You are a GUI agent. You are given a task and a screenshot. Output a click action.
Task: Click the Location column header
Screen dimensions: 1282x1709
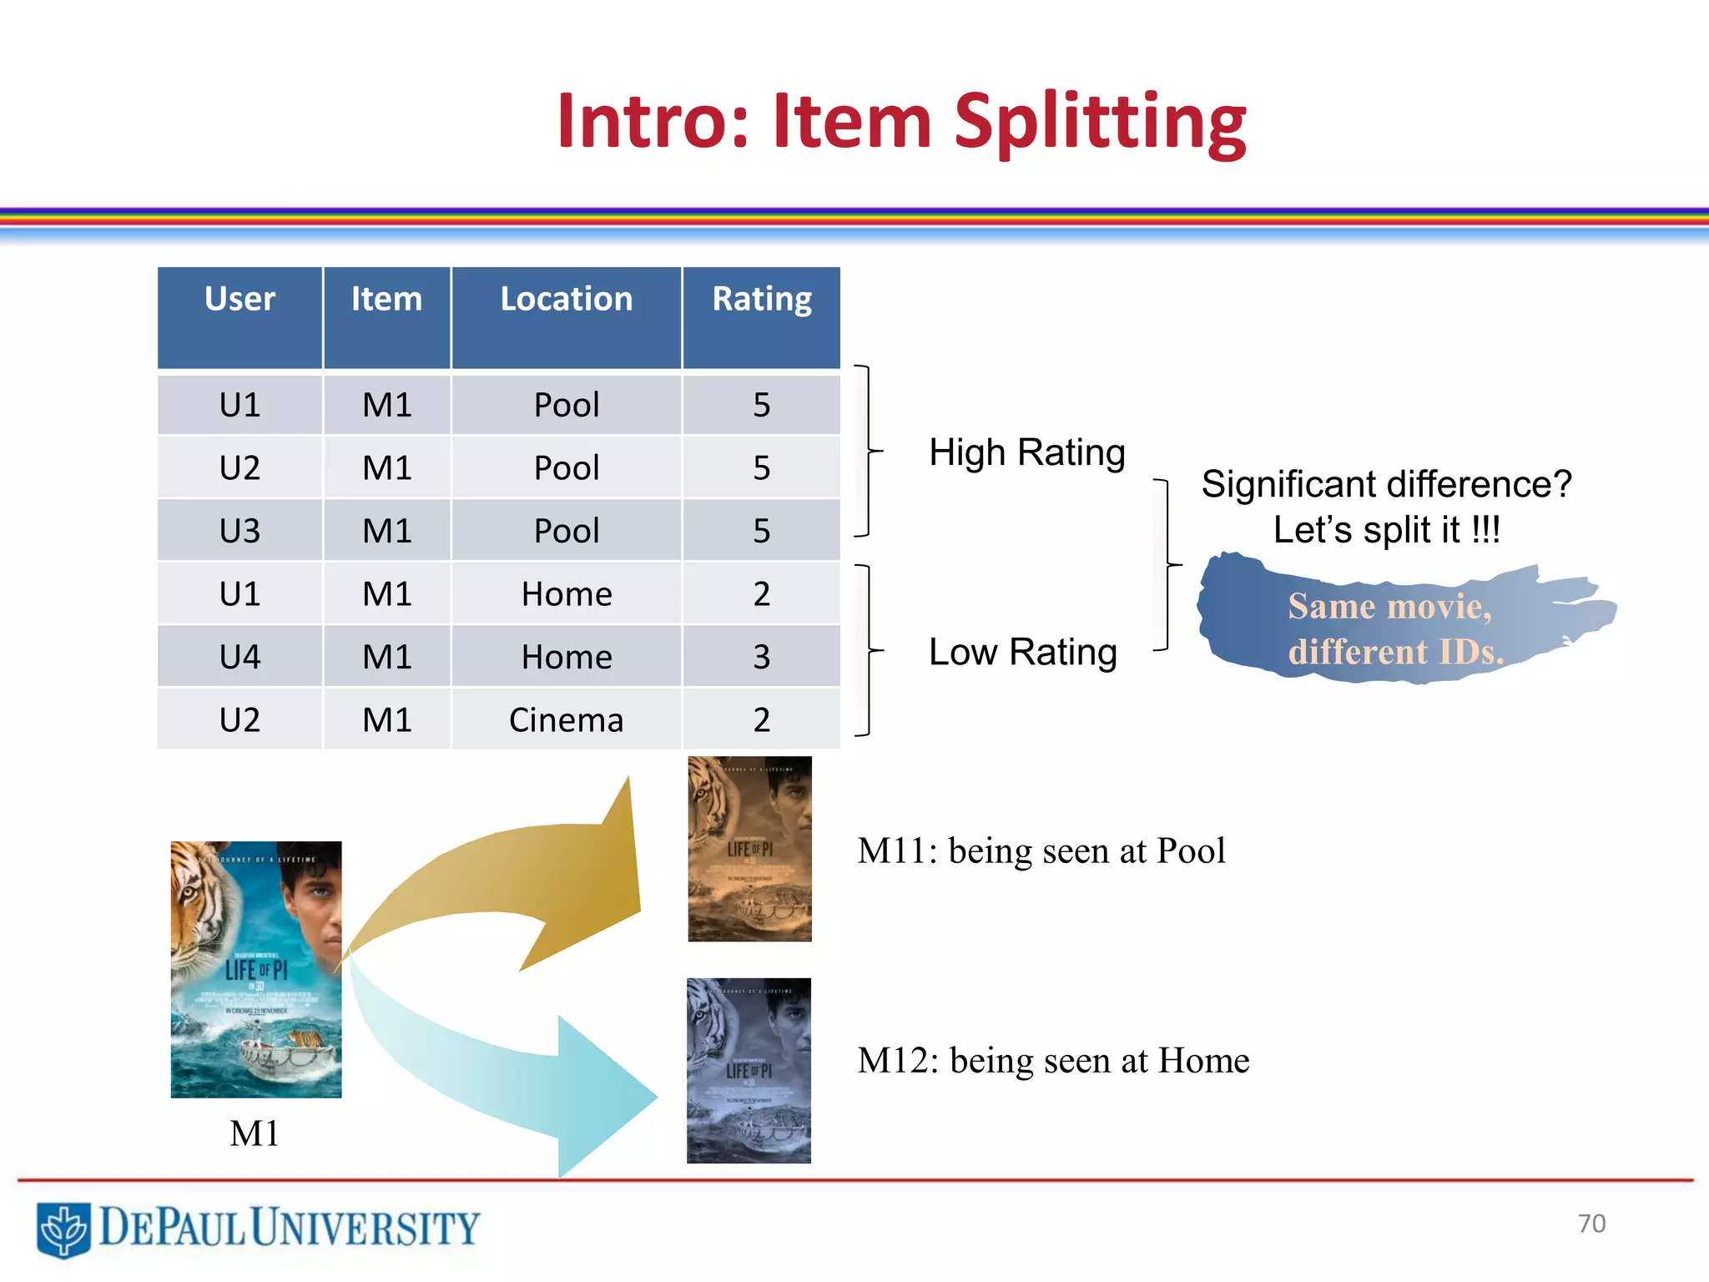(x=567, y=300)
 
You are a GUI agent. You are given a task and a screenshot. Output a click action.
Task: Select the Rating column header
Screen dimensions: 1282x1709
(x=762, y=300)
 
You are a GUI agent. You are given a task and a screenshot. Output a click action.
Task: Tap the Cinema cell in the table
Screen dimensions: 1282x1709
(x=567, y=720)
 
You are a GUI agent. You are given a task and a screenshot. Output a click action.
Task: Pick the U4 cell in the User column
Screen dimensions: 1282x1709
(x=239, y=657)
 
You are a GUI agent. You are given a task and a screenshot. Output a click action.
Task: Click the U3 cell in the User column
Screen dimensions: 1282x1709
(x=239, y=531)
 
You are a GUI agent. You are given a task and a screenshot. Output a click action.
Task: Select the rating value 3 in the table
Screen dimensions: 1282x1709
(x=762, y=657)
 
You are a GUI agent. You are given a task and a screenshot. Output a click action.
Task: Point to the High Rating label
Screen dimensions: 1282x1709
(x=1027, y=452)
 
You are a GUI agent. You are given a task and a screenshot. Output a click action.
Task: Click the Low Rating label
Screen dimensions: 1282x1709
(x=1023, y=652)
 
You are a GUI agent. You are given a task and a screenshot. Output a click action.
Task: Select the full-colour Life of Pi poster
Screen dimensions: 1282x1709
(x=256, y=969)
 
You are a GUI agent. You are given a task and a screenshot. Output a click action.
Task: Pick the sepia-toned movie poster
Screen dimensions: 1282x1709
(x=749, y=849)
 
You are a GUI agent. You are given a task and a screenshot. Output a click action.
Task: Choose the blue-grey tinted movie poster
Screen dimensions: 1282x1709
(x=749, y=1071)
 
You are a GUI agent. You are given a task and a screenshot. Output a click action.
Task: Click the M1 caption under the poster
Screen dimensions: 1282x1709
(x=255, y=1133)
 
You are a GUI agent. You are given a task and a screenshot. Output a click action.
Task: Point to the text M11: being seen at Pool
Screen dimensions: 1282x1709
(x=1041, y=851)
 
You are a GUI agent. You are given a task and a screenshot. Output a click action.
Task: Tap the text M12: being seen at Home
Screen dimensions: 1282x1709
(x=1053, y=1061)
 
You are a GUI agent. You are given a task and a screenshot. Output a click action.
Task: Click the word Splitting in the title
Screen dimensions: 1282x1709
(x=1100, y=123)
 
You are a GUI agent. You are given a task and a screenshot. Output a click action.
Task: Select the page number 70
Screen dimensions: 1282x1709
(x=1591, y=1224)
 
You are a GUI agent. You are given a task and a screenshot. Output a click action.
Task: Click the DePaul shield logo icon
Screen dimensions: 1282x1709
(x=63, y=1229)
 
